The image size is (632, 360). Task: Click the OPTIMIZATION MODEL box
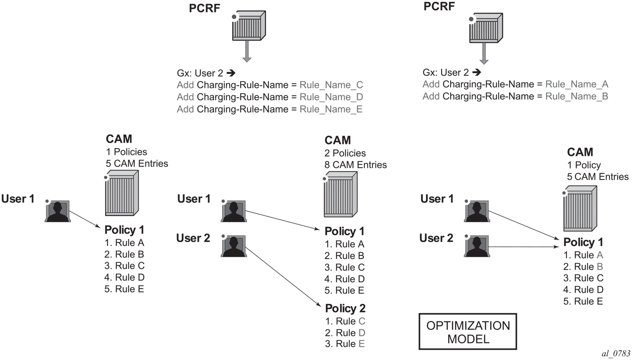(468, 332)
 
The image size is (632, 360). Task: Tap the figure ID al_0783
(616, 354)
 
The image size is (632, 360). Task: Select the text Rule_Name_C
(331, 85)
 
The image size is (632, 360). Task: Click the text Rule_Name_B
(576, 96)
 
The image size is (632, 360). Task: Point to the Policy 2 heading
(345, 308)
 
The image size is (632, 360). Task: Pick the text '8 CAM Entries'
(355, 165)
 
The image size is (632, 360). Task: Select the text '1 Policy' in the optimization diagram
(584, 165)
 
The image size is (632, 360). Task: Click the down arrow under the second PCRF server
(484, 53)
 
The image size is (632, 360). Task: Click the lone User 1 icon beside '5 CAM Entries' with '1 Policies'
(58, 211)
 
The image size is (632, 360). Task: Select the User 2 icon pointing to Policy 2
(234, 246)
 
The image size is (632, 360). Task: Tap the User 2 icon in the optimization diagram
(477, 246)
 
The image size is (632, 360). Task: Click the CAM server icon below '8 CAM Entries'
(340, 195)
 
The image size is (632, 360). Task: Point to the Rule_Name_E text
(331, 109)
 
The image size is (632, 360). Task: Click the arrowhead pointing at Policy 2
(318, 304)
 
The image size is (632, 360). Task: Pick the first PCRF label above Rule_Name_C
(204, 8)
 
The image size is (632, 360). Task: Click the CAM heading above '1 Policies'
(119, 139)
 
